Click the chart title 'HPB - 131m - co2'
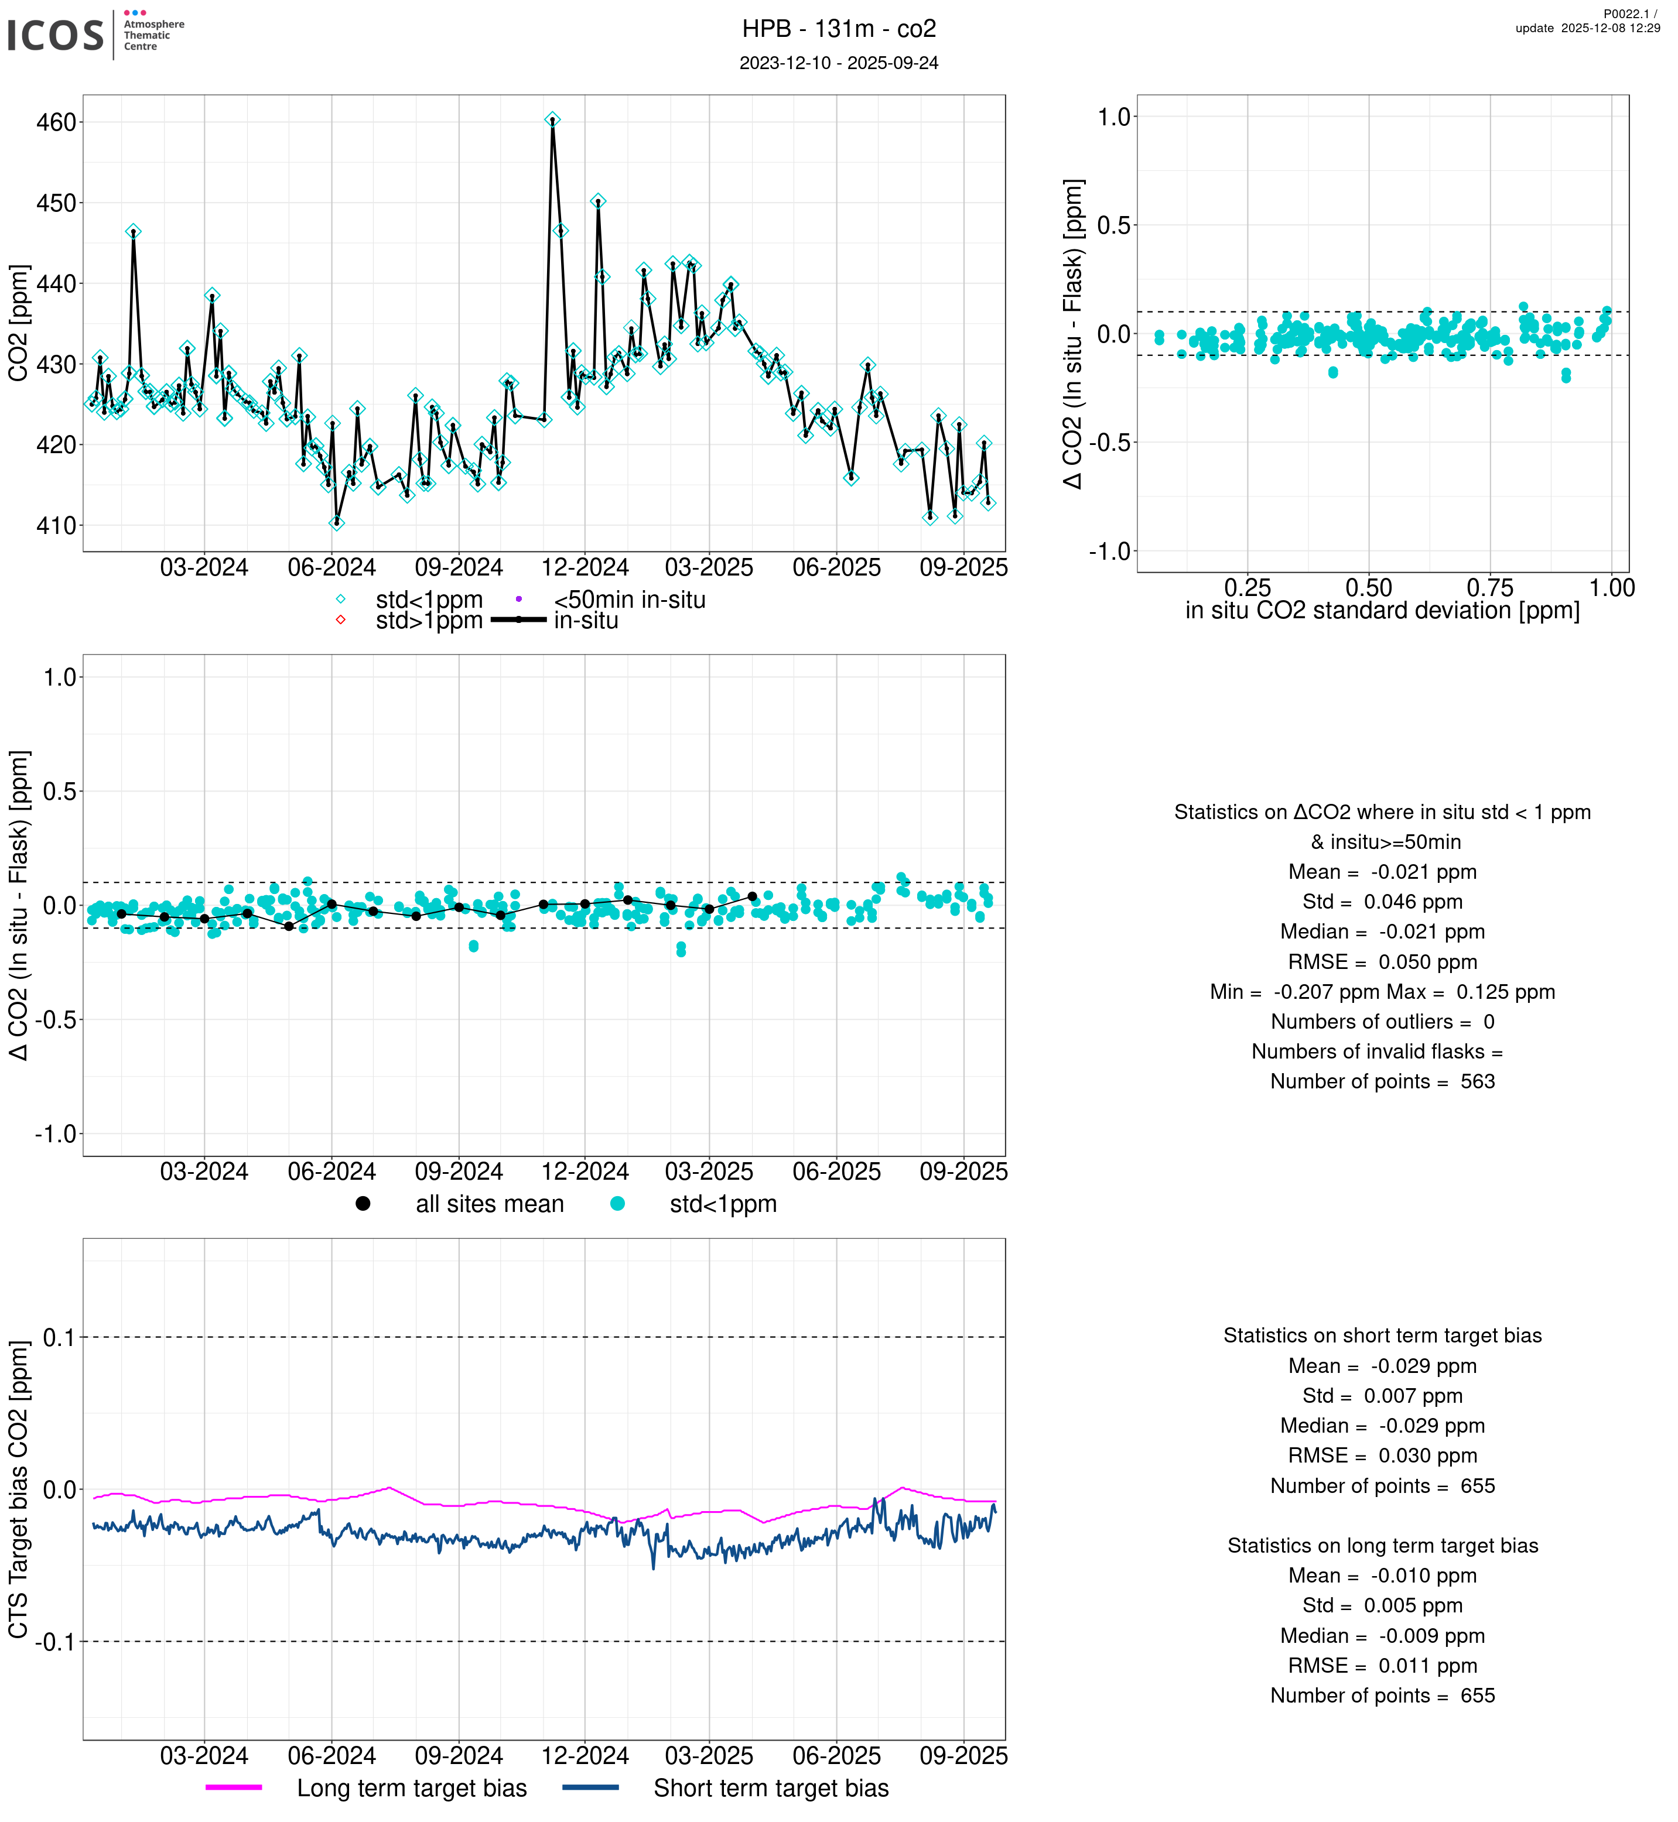click(x=838, y=29)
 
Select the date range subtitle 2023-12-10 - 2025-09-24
click(x=838, y=63)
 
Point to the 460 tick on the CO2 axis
click(x=56, y=122)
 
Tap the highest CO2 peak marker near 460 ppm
click(x=552, y=120)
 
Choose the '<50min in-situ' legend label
click(x=629, y=600)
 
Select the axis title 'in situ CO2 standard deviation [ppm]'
click(x=1382, y=611)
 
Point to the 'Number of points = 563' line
click(x=1382, y=1081)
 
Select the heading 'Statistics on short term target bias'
click(x=1382, y=1335)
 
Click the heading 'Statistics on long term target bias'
click(x=1382, y=1546)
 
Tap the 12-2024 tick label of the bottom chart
click(x=585, y=1756)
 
